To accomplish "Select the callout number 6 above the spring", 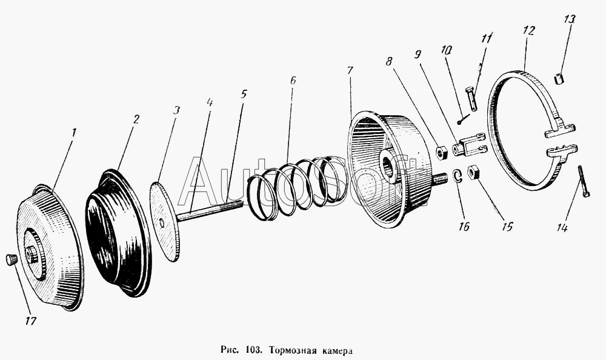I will click(x=293, y=79).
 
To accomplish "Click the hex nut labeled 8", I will click(x=442, y=150).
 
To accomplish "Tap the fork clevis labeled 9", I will click(x=469, y=145).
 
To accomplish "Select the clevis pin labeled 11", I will click(x=472, y=99).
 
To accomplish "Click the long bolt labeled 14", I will click(x=584, y=181).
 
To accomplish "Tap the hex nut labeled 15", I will click(x=474, y=172).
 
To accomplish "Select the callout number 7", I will click(x=350, y=70).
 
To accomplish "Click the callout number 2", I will click(x=136, y=119).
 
